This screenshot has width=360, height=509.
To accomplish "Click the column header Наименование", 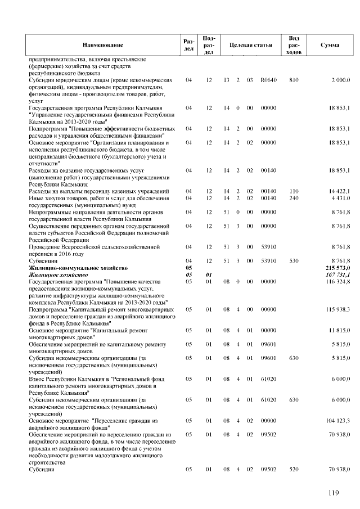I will [x=102, y=44].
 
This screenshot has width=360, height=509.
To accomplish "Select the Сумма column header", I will [x=328, y=44].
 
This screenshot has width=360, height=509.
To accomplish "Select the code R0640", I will [x=269, y=80].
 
